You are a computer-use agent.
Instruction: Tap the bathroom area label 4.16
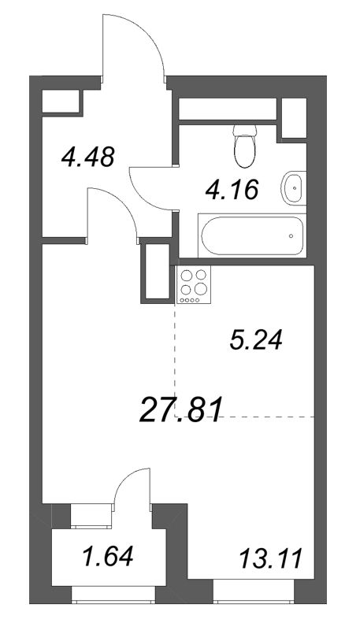231,189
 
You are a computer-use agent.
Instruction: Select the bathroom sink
293,187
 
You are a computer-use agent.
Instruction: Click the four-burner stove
195,285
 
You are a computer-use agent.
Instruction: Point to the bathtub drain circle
291,234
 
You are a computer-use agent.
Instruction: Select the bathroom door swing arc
150,189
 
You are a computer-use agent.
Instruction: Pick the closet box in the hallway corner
61,103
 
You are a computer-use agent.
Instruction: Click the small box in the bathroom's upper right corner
293,118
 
